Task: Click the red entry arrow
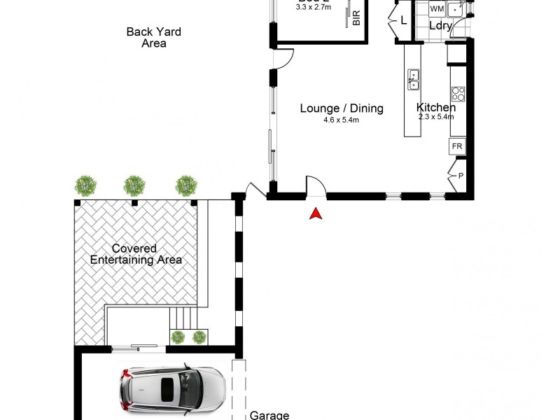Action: coord(316,213)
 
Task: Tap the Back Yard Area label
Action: coord(153,37)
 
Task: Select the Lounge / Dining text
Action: coord(342,108)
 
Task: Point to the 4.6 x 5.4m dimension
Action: coord(342,120)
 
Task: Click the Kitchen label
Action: coord(436,107)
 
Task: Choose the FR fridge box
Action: coord(457,146)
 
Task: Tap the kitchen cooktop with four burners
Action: coord(458,94)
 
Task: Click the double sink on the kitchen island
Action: coord(414,79)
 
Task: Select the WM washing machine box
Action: coord(437,9)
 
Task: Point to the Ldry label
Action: coord(440,27)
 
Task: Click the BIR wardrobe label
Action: coord(356,18)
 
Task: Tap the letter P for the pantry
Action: coord(460,176)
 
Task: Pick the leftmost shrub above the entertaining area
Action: coord(85,185)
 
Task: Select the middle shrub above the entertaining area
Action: coord(134,185)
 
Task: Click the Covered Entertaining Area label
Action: coord(136,254)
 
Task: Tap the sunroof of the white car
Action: coord(169,390)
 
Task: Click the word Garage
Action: coord(269,415)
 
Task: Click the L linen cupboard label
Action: coord(404,21)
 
